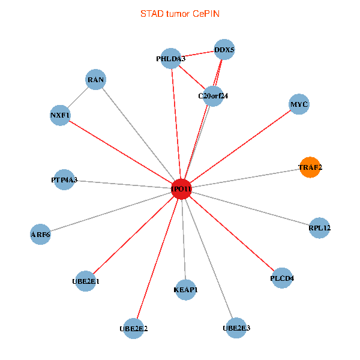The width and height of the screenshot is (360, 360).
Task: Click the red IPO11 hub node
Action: (181, 189)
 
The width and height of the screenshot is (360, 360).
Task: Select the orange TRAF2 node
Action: (310, 167)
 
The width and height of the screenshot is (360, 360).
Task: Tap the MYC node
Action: (299, 104)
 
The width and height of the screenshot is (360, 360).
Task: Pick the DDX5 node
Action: (224, 50)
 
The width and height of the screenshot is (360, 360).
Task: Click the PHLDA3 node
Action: (171, 59)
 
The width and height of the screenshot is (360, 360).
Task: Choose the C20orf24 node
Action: (213, 95)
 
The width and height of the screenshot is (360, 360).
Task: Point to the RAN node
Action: (96, 79)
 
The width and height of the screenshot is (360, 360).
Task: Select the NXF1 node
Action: (60, 115)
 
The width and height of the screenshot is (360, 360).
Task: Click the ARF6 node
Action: (40, 234)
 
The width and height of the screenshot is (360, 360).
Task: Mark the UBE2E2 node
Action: (134, 328)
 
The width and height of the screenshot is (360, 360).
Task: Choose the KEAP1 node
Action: (185, 290)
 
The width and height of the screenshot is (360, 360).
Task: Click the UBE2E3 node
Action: (236, 328)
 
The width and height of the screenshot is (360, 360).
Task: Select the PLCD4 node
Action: (282, 278)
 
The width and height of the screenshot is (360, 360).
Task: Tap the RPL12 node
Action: (319, 227)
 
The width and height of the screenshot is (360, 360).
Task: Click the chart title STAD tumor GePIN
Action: (179, 13)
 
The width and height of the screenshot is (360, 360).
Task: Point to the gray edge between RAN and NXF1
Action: (78, 97)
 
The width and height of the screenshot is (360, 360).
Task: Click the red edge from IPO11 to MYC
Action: (240, 146)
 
